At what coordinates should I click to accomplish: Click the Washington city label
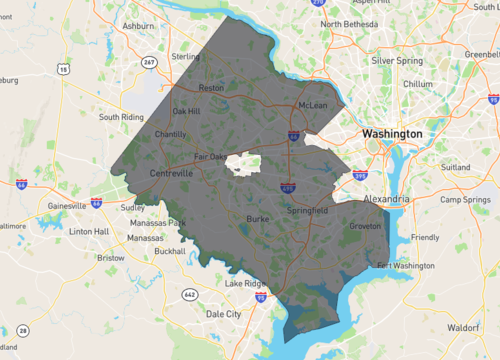pyautogui.click(x=392, y=133)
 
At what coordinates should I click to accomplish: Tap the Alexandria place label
pyautogui.click(x=385, y=200)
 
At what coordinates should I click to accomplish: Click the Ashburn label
pyautogui.click(x=138, y=24)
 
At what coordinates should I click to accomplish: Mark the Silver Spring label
pyautogui.click(x=396, y=60)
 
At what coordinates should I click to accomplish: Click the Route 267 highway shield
pyautogui.click(x=151, y=62)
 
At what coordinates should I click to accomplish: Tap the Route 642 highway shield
pyautogui.click(x=190, y=294)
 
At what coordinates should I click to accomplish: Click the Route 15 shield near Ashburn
pyautogui.click(x=64, y=69)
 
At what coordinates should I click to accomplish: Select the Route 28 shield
pyautogui.click(x=23, y=330)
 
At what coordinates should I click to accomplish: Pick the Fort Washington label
pyautogui.click(x=406, y=266)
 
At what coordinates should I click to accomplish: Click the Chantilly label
pyautogui.click(x=171, y=134)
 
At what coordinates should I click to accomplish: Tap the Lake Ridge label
pyautogui.click(x=245, y=284)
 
